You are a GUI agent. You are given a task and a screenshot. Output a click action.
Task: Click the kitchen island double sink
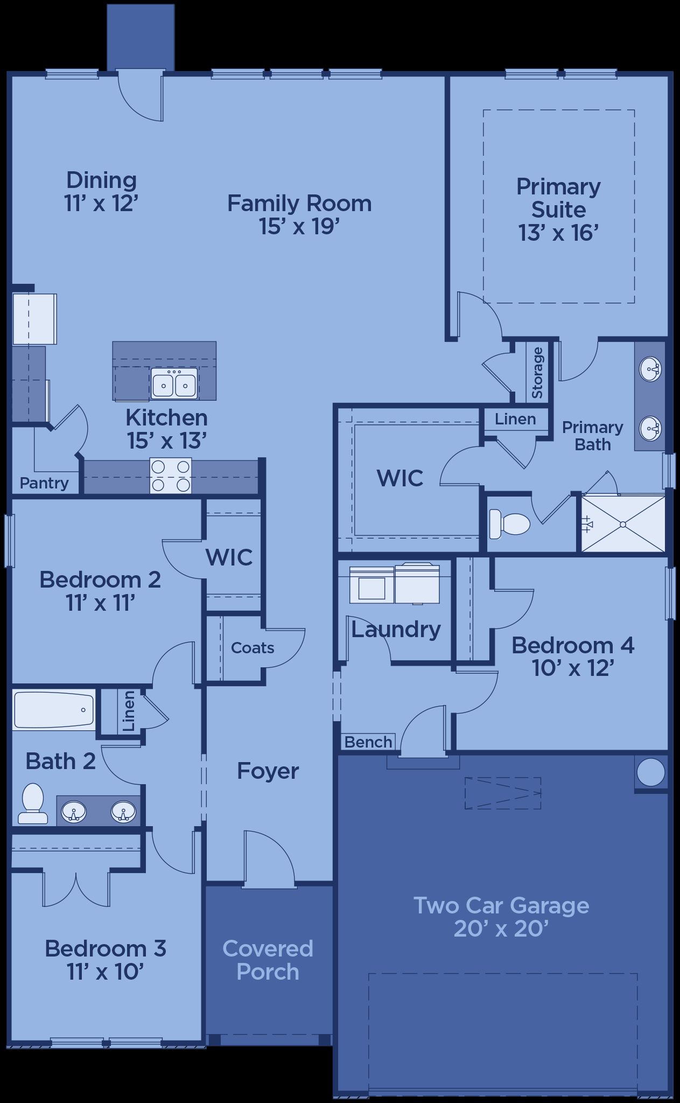pos(174,383)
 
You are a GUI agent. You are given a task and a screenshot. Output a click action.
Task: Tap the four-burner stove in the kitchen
pos(171,476)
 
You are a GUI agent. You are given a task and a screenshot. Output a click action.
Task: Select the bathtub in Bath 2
pos(54,710)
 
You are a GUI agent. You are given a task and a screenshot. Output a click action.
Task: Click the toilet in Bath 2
pos(32,804)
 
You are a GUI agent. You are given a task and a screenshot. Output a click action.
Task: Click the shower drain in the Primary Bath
pos(623,524)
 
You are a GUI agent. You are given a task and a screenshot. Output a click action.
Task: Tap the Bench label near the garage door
pos(368,742)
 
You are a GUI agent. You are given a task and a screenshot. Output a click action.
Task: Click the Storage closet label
pos(537,373)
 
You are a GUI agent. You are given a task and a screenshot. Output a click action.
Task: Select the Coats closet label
pos(253,647)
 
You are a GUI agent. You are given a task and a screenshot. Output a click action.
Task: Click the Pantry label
pos(44,483)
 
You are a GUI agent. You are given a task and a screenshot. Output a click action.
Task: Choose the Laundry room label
pos(396,630)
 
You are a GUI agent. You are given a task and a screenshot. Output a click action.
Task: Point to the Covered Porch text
pos(268,960)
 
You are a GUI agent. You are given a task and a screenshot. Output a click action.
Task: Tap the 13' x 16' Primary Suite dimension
pos(559,233)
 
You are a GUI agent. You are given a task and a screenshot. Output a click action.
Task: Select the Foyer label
pos(268,771)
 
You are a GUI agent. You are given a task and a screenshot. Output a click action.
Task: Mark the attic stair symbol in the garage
pos(503,793)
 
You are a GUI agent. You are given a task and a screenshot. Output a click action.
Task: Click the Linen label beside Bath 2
pos(129,711)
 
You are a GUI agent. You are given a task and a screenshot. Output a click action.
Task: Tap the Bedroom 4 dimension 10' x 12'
pos(573,668)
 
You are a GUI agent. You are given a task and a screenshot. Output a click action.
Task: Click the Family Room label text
pos(299,203)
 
